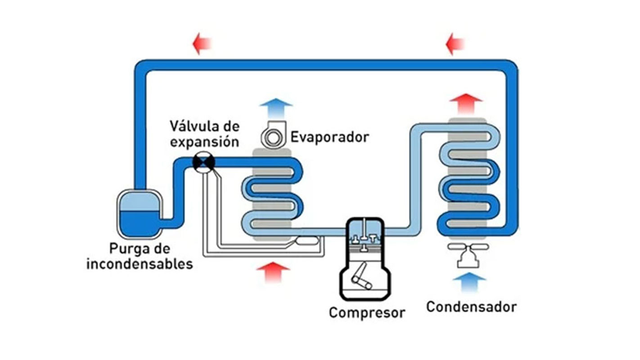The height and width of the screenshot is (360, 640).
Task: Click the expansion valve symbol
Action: [x=203, y=162]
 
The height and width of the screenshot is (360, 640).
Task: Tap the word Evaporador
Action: [x=329, y=136]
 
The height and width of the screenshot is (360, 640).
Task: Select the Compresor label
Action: [x=367, y=312]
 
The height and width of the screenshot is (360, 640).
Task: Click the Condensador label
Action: [x=471, y=307]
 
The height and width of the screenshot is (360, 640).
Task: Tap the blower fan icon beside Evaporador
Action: [x=272, y=136]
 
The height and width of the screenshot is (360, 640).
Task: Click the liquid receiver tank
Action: [x=139, y=214]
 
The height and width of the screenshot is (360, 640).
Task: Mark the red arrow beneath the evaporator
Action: [x=273, y=271]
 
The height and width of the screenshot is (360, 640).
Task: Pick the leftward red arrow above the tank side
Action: [x=202, y=44]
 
